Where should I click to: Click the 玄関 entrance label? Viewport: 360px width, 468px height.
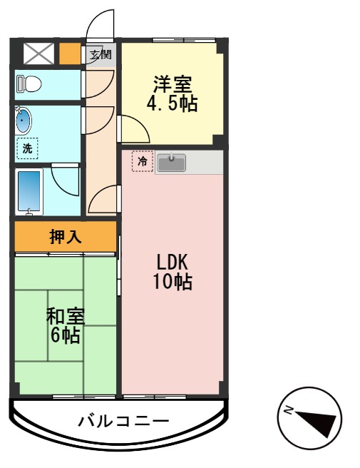coord(101,54)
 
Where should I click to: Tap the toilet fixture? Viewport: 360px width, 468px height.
coord(29,83)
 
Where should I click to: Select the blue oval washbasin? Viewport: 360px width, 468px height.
coord(24,121)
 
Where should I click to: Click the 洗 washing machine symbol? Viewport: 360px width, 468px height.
coord(27,148)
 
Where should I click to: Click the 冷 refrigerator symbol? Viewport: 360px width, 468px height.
coord(142,161)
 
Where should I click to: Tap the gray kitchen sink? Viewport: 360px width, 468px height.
coord(171,163)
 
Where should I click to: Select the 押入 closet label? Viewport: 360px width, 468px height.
coord(65,237)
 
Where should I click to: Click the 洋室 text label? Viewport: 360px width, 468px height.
coord(172,83)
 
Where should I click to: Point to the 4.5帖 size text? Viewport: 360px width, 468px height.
coord(172,104)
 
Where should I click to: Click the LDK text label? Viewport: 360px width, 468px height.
coord(172,261)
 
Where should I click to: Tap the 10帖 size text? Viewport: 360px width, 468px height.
coord(172,282)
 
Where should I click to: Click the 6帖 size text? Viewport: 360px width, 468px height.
coord(65,335)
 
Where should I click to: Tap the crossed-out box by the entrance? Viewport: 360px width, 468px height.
coord(39,54)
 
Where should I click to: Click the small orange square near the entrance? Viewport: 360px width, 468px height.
coord(69,54)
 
